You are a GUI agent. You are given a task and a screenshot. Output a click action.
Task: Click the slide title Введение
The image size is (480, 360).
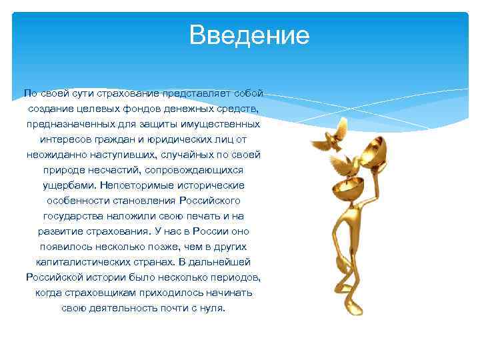point(249,35)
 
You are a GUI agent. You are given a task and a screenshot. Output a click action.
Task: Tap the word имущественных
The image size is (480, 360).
point(223,124)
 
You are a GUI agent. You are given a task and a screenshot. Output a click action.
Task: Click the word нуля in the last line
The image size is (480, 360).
point(213,308)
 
